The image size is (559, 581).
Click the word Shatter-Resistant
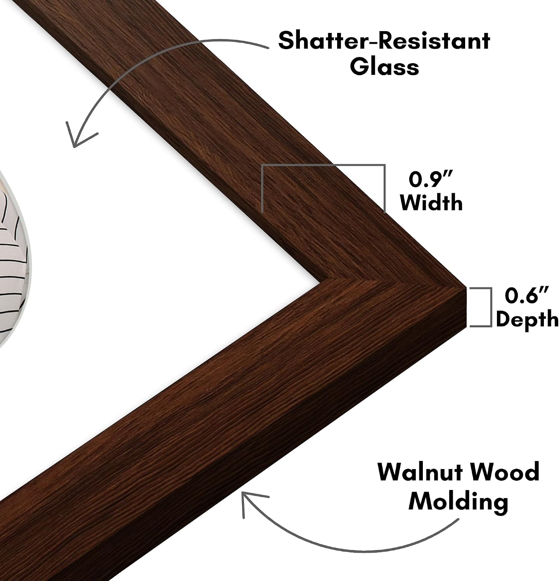tap(384, 41)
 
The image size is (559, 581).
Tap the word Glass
tap(384, 67)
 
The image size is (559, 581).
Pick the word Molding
tap(458, 502)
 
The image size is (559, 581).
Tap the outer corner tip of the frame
tap(465, 287)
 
